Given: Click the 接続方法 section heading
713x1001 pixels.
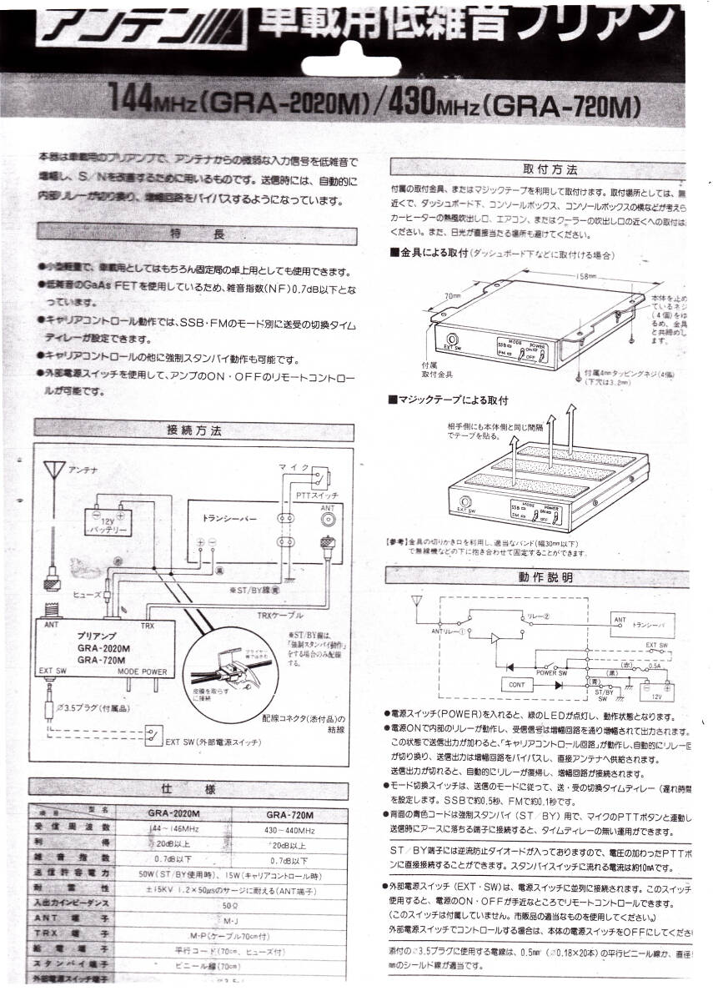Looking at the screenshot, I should point(193,431).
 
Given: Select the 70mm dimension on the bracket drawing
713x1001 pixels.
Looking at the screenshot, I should point(452,295).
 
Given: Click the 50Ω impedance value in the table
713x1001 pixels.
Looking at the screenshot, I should point(227,903).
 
